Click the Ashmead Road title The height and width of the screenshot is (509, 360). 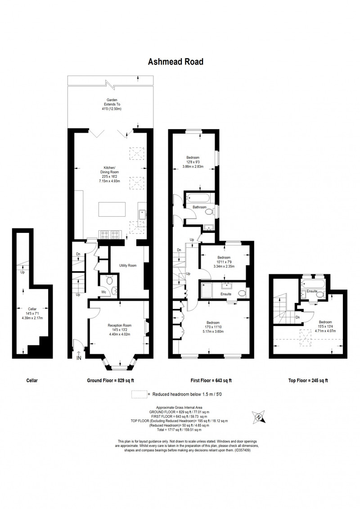click(175, 62)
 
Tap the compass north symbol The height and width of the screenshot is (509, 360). click(259, 416)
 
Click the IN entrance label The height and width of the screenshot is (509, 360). click(79, 358)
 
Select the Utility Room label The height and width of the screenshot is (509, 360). click(128, 266)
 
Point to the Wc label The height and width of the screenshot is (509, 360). click(103, 292)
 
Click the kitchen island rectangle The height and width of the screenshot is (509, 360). click(112, 210)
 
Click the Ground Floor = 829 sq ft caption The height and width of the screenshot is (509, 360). click(110, 380)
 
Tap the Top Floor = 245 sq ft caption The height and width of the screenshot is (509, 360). click(308, 380)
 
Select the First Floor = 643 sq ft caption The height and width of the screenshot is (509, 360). click(211, 380)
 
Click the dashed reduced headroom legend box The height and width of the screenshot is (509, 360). click(139, 394)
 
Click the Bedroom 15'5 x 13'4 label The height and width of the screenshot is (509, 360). click(325, 326)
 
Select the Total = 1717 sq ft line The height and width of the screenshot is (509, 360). click(179, 430)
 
